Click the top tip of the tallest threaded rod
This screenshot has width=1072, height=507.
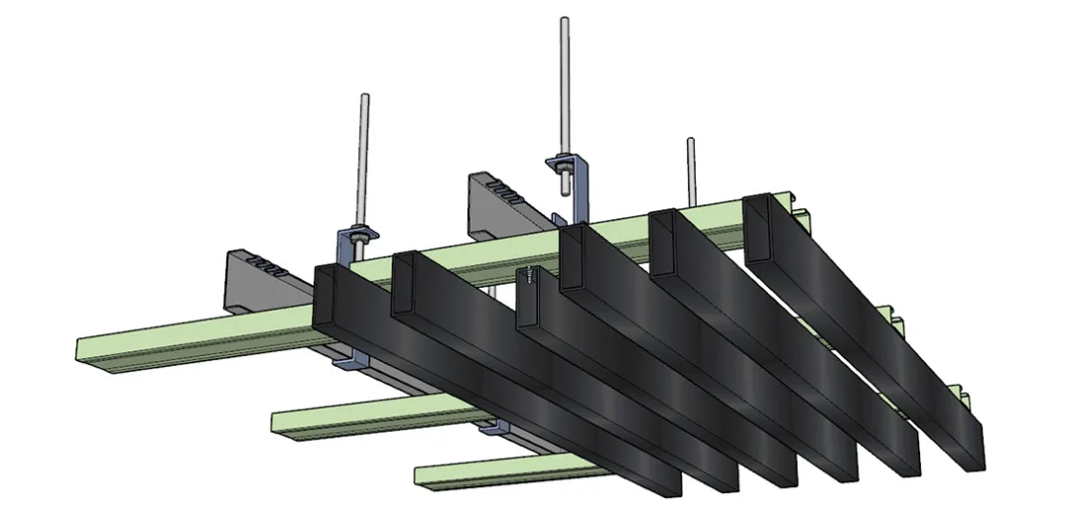pyautogui.click(x=564, y=20)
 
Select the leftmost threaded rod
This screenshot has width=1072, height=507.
pyautogui.click(x=364, y=159)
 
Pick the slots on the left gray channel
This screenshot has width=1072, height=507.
pyautogui.click(x=269, y=266)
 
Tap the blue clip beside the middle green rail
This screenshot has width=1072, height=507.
pyautogui.click(x=491, y=430)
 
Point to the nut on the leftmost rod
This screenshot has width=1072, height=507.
pyautogui.click(x=359, y=235)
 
